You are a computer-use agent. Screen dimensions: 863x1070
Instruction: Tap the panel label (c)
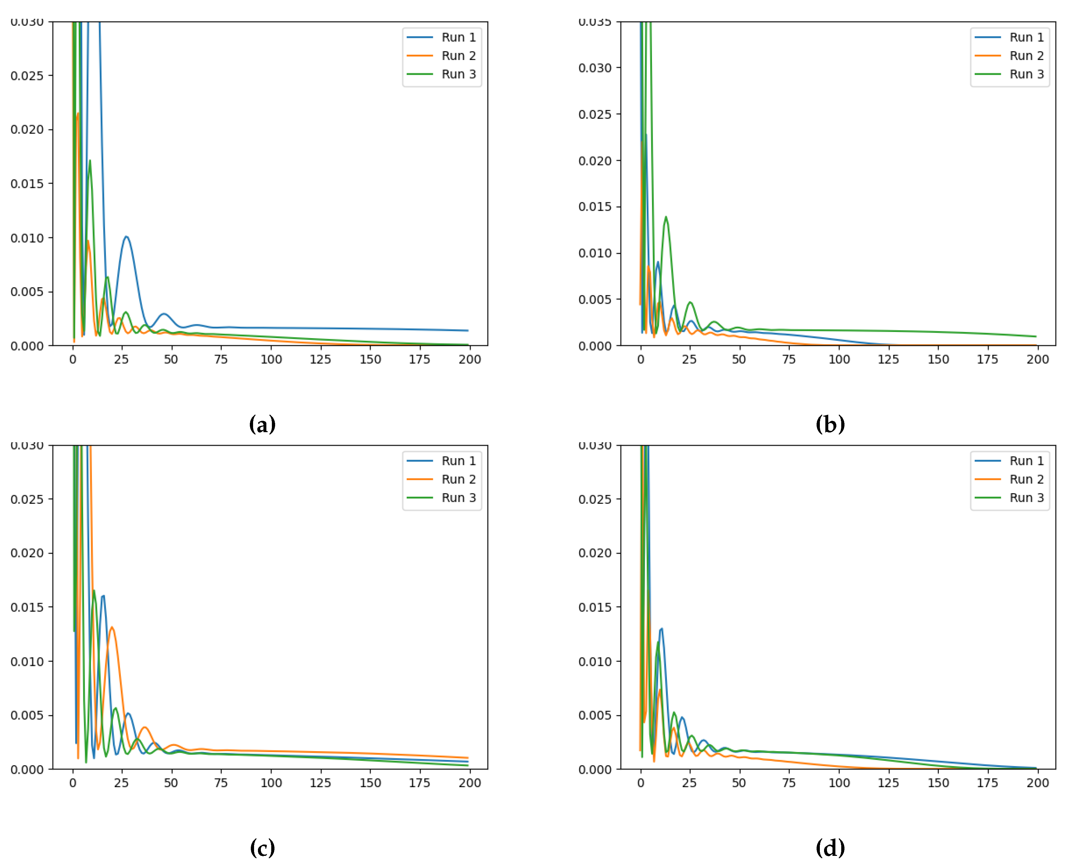[262, 847]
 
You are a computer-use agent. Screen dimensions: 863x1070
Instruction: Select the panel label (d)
[830, 847]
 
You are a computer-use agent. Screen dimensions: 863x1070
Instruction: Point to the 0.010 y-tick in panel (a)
[27, 238]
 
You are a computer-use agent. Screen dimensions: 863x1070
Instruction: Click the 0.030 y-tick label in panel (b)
[595, 68]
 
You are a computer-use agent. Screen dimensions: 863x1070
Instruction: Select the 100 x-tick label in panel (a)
[271, 360]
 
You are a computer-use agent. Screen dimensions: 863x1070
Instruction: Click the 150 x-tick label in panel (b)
[938, 360]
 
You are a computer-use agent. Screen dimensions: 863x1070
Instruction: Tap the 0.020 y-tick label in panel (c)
[27, 553]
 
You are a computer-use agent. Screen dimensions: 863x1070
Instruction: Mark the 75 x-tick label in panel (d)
[789, 783]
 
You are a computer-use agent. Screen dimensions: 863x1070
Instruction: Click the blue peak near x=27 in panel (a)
[126, 237]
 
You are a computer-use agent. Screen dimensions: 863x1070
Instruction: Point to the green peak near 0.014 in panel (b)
[666, 217]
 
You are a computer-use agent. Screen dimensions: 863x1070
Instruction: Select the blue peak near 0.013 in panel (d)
[661, 629]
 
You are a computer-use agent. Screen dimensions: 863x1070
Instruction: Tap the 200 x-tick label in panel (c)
[470, 783]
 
